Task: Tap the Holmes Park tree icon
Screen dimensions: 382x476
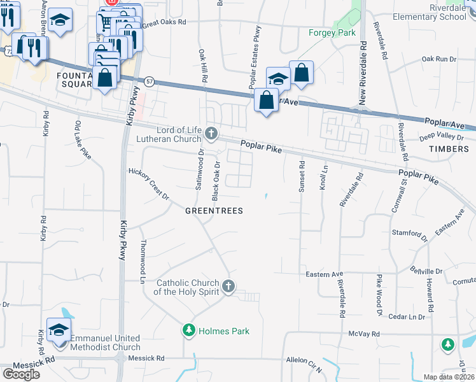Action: [x=188, y=330]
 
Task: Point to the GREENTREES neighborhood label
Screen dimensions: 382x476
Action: [x=214, y=211]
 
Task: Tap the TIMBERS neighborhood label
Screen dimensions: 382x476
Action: [x=451, y=149]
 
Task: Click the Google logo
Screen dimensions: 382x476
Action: [x=21, y=374]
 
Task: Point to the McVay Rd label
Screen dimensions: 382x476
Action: [x=363, y=334]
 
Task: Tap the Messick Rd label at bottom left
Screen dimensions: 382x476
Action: [x=22, y=360]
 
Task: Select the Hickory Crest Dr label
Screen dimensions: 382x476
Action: [x=149, y=184]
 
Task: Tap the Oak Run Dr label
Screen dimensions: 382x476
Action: [x=439, y=59]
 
